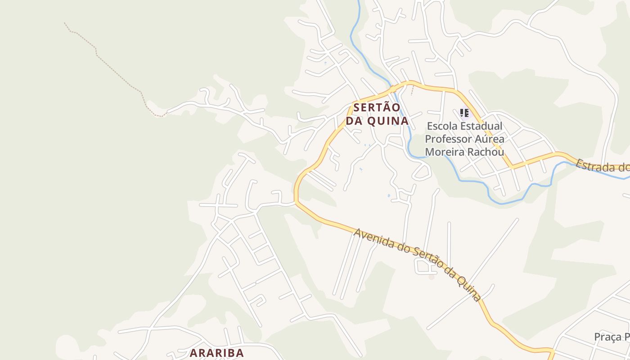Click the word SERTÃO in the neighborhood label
tap(377, 108)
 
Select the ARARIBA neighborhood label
tap(216, 353)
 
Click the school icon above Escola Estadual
tap(464, 113)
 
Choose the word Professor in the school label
tap(447, 139)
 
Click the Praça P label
tap(612, 337)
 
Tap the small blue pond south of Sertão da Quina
tap(389, 196)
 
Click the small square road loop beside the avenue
tap(426, 267)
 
